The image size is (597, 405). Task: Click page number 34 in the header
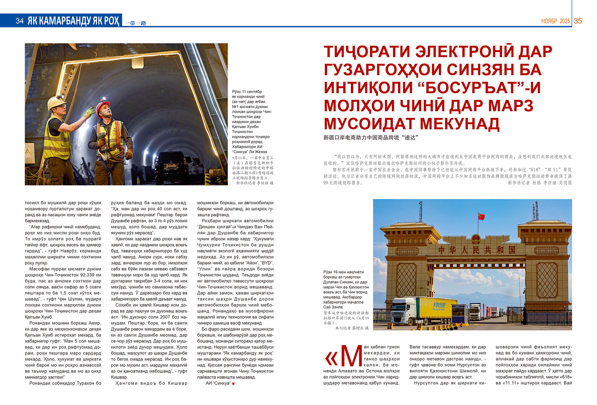pos(20,21)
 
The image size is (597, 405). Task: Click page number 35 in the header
pos(578,21)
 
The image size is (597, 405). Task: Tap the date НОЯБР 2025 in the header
pos(555,21)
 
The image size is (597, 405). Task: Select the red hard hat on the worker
pos(102,108)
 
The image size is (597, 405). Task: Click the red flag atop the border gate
pos(481,216)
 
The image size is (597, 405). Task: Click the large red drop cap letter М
pos(351,356)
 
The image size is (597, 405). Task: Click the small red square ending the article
pos(233,384)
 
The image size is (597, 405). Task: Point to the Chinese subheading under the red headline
pos(371,137)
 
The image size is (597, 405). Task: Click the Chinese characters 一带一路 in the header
pos(135,23)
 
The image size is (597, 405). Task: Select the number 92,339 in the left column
pos(90,275)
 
